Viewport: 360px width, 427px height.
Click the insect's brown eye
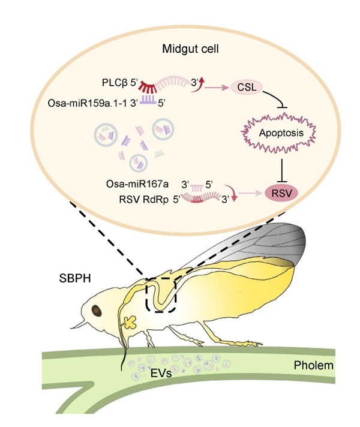pos(96,310)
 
